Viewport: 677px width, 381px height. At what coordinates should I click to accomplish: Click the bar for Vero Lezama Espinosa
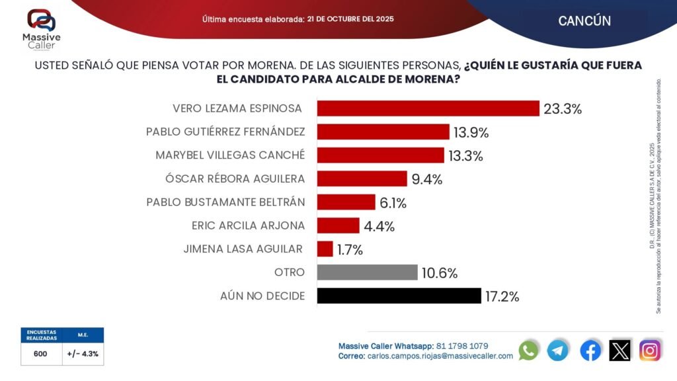pyautogui.click(x=428, y=108)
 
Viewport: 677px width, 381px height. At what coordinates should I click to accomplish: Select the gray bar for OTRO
pyautogui.click(x=367, y=273)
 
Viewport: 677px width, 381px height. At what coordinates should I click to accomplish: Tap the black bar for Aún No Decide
pyautogui.click(x=399, y=296)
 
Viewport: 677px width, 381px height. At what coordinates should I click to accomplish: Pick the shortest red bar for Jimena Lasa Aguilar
pyautogui.click(x=325, y=249)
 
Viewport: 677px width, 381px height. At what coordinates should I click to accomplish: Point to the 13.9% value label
pyautogui.click(x=471, y=132)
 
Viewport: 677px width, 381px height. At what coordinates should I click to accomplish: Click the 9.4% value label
pyautogui.click(x=426, y=179)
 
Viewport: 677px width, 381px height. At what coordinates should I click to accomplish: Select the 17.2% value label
pyautogui.click(x=502, y=296)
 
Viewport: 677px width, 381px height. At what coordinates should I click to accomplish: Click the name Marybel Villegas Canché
pyautogui.click(x=230, y=155)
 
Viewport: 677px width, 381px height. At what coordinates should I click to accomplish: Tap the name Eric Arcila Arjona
pyautogui.click(x=247, y=226)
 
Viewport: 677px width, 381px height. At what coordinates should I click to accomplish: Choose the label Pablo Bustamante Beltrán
pyautogui.click(x=225, y=202)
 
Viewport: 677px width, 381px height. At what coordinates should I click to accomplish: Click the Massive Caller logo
pyautogui.click(x=41, y=28)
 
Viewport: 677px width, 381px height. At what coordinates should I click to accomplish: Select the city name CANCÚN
pyautogui.click(x=584, y=21)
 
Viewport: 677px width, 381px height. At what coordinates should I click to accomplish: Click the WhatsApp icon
pyautogui.click(x=528, y=350)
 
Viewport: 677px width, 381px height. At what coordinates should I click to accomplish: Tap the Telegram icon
pyautogui.click(x=557, y=350)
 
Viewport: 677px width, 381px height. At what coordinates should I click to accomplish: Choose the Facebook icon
pyautogui.click(x=590, y=350)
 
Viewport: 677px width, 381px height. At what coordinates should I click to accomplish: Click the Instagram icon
pyautogui.click(x=650, y=350)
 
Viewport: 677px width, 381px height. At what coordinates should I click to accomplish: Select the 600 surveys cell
pyautogui.click(x=40, y=354)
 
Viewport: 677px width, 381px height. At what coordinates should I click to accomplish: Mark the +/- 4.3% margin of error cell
pyautogui.click(x=83, y=354)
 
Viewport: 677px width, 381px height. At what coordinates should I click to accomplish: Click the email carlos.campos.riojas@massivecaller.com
pyautogui.click(x=440, y=356)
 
